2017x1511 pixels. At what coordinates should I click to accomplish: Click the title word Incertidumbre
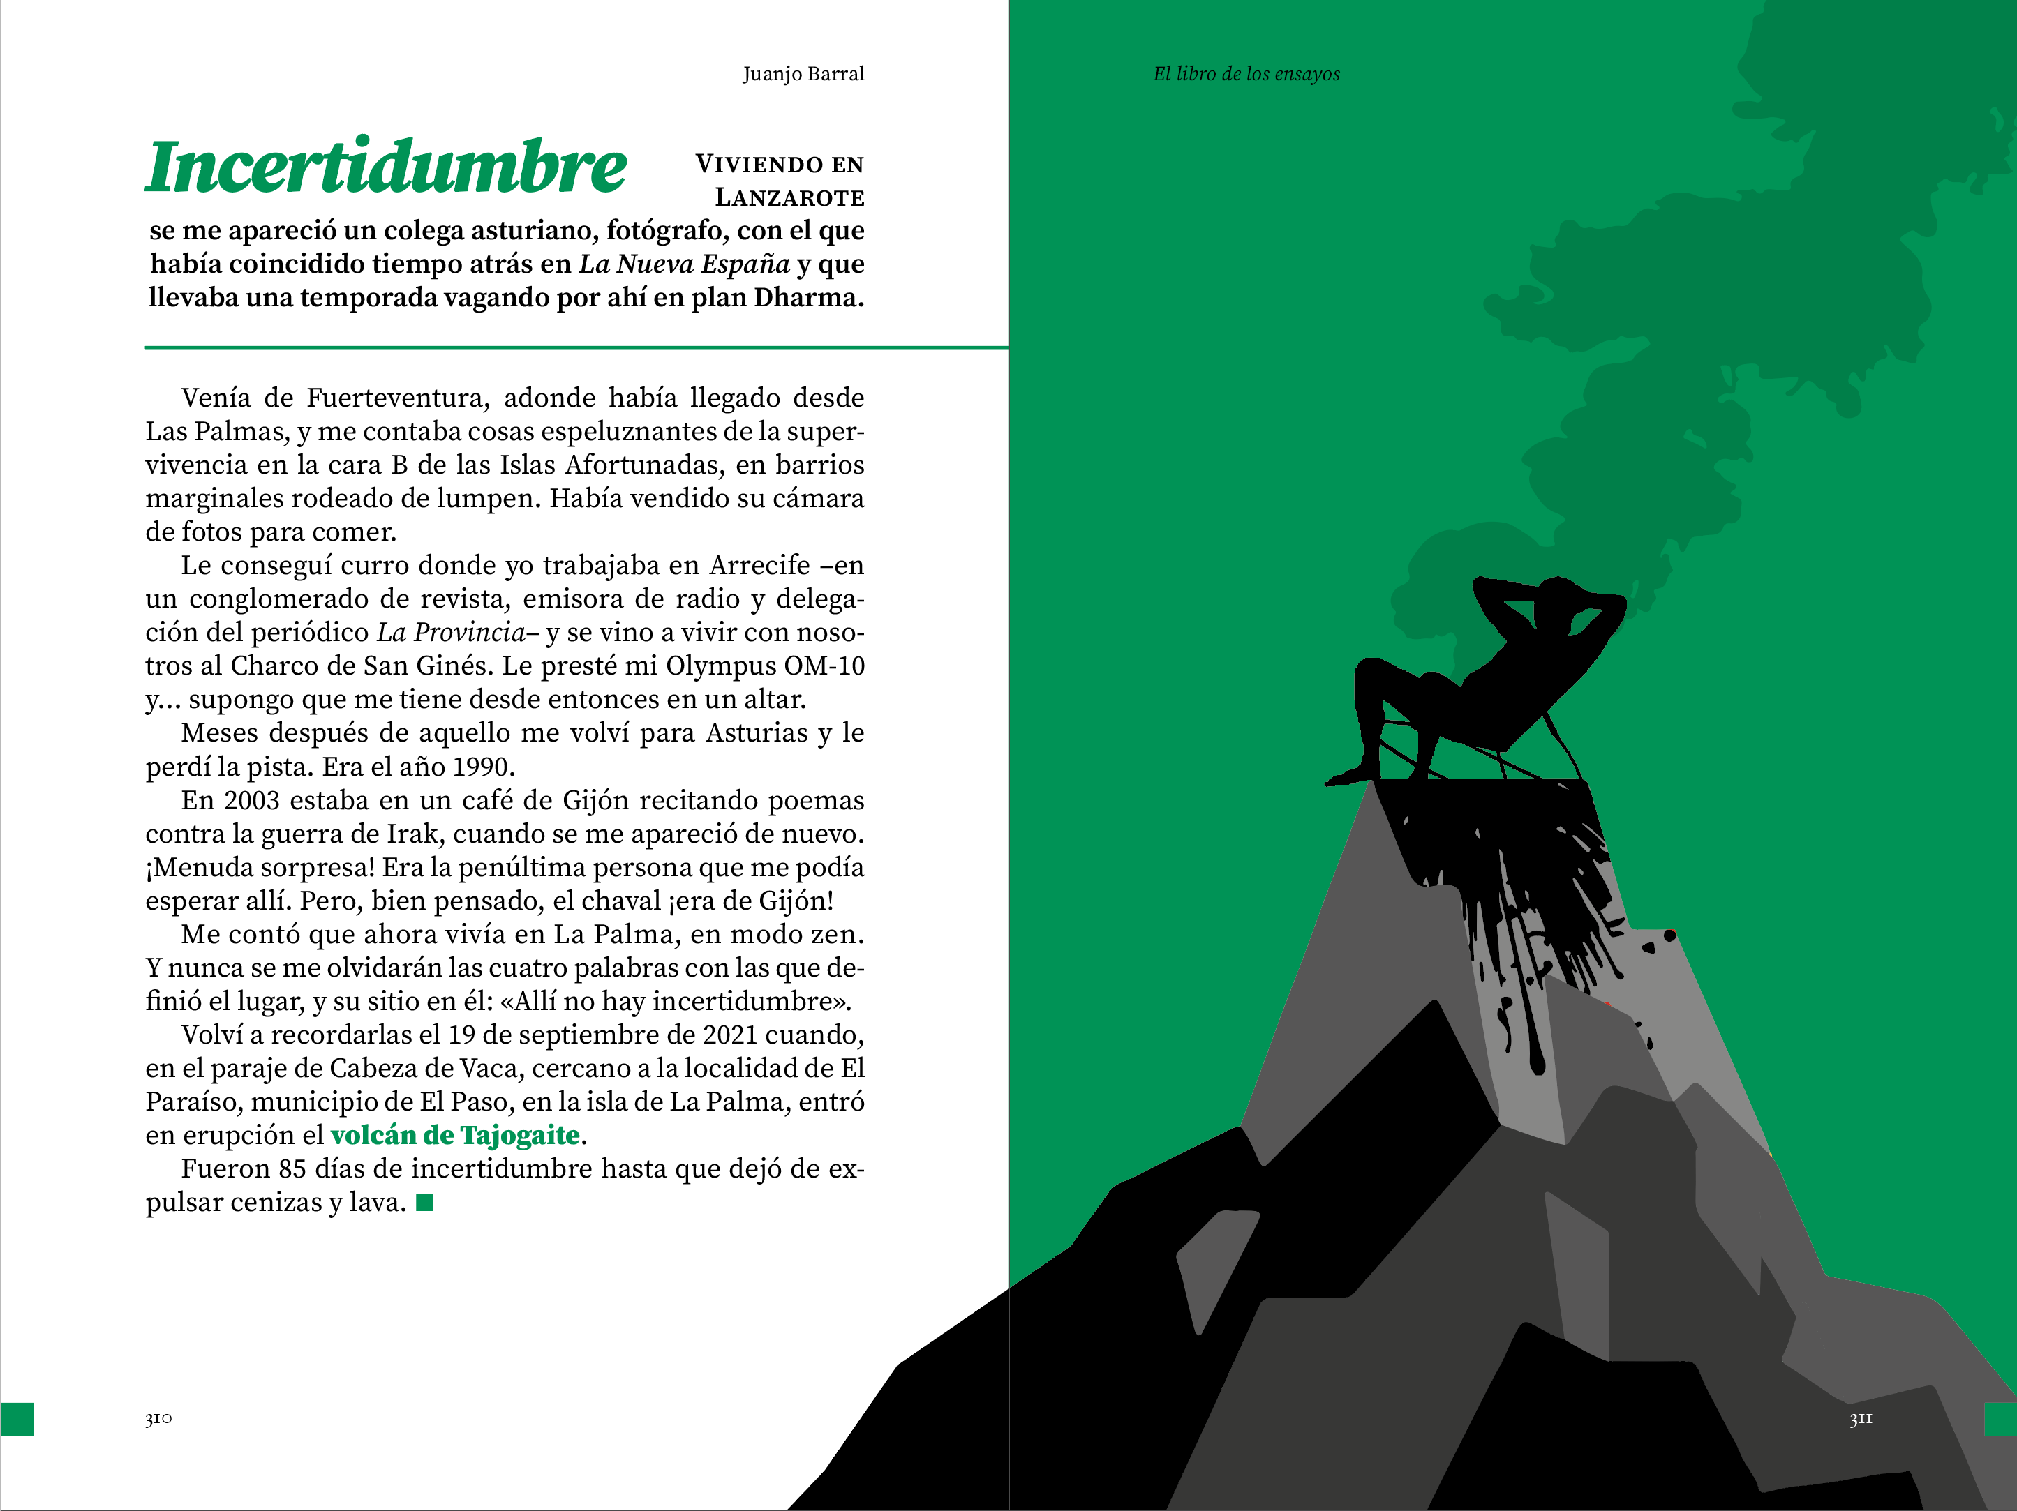click(386, 167)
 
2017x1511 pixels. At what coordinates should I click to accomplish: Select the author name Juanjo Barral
click(803, 74)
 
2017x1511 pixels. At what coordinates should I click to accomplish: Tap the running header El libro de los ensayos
click(1246, 74)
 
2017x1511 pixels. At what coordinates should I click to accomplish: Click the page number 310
click(158, 1419)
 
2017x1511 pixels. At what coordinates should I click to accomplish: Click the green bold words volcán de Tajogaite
click(455, 1136)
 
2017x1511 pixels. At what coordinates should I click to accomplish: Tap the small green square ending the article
click(425, 1203)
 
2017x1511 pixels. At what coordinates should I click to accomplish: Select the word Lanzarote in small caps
click(789, 197)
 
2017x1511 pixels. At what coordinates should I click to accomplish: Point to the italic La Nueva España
click(684, 264)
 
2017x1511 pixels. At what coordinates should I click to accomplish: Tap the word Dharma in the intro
click(808, 298)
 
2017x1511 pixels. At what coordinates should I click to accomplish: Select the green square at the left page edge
click(17, 1419)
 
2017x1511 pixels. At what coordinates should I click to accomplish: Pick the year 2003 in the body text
click(252, 801)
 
